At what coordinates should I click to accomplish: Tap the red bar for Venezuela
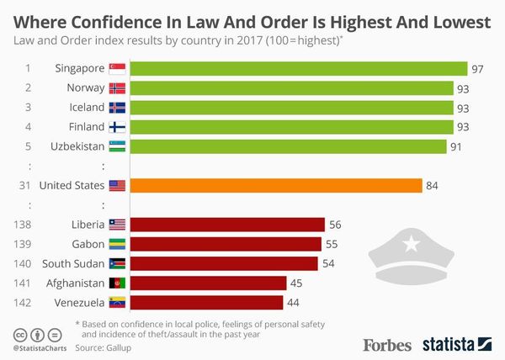(207, 302)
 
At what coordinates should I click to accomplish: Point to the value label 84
(433, 185)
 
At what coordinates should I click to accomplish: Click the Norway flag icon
(117, 88)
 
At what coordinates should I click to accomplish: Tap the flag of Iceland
(117, 108)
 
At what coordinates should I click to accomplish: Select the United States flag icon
(117, 185)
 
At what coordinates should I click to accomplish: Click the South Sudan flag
(117, 263)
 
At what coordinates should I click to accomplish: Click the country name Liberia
(88, 225)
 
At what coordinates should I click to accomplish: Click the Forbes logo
(387, 344)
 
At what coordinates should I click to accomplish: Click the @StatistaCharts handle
(40, 347)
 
